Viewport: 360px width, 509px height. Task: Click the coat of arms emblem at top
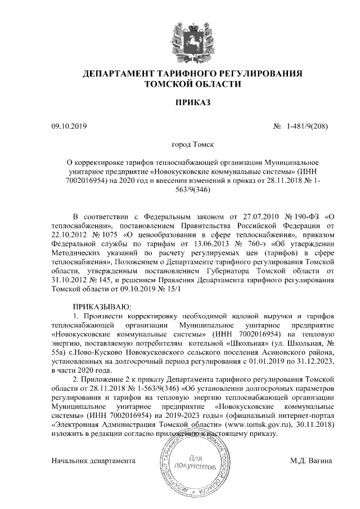193,35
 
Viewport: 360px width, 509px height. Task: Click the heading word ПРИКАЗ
193,103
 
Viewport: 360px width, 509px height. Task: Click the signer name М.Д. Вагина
311,461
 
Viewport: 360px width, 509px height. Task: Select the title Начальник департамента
93,461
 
